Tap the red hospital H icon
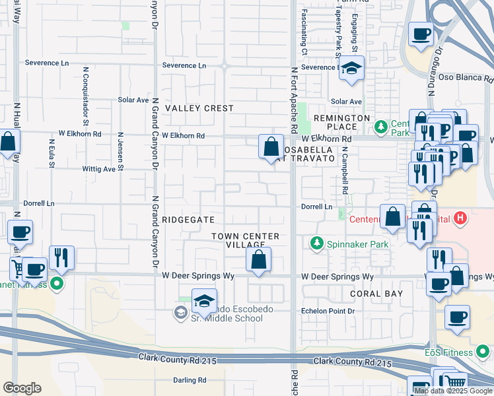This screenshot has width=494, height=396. point(461,217)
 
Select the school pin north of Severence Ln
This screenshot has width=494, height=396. point(352,68)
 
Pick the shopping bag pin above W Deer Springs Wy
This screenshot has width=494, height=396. point(259,261)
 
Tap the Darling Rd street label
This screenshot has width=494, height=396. point(190,380)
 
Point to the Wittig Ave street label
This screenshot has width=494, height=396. point(99,169)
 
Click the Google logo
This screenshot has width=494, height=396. point(22,388)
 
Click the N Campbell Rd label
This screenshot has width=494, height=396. point(345,170)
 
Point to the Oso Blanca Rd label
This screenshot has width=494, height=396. point(462,77)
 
